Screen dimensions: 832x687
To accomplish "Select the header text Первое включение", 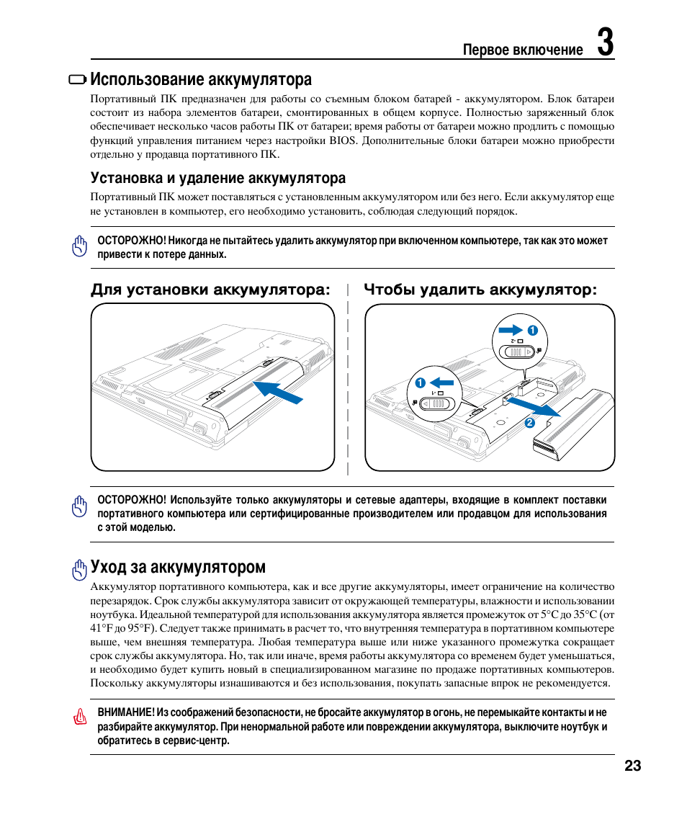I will (523, 50).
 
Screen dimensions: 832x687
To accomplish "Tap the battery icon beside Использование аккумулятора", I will (77, 80).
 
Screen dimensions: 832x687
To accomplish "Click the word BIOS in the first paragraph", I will (343, 141).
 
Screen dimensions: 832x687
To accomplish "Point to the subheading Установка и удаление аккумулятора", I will (217, 178).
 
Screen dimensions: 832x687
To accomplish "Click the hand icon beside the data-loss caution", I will (78, 246).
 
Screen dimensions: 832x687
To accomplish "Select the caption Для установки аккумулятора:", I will (210, 290).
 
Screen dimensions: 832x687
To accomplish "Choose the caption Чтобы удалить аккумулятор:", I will (480, 290).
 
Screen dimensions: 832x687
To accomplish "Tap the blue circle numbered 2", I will (529, 423).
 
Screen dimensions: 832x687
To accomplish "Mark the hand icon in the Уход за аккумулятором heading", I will (79, 570).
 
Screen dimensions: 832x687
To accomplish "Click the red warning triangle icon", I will (79, 718).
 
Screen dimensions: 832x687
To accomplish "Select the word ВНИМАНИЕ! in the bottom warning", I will (126, 712).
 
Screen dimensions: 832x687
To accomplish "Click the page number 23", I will (632, 766).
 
